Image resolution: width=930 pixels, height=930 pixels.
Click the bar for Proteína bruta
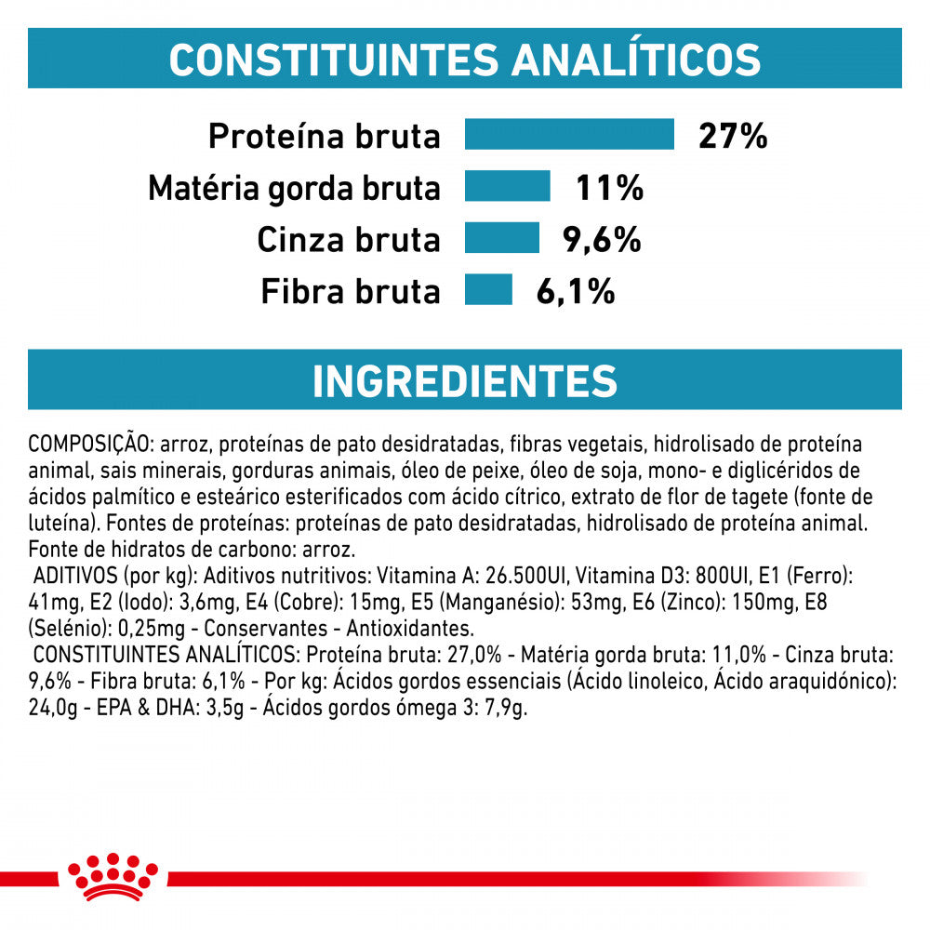point(569,134)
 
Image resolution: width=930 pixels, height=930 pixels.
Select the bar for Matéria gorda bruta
point(508,186)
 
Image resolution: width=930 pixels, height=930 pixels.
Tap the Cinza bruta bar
point(502,238)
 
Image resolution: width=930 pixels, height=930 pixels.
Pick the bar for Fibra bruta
point(488,289)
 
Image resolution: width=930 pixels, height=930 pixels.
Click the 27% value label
point(733,136)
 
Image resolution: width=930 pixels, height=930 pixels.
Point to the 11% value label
point(610,188)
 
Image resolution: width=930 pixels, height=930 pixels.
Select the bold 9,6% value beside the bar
point(603,240)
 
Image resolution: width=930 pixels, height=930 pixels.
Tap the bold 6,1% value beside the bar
point(576,291)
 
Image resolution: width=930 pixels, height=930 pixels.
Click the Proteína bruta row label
point(324,137)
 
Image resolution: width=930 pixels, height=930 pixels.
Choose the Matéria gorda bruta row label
point(294,189)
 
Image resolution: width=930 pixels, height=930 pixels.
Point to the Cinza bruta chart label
point(349,240)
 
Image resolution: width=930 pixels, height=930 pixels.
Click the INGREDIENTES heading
point(465,380)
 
